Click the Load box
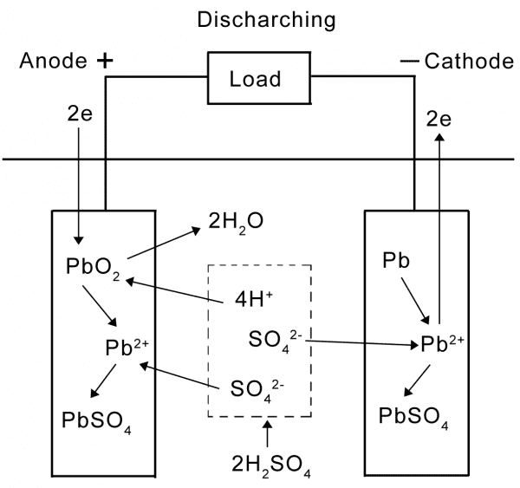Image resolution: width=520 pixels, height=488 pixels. click(x=255, y=78)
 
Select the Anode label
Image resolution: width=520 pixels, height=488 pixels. click(x=53, y=61)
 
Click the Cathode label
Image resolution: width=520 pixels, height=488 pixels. click(x=466, y=61)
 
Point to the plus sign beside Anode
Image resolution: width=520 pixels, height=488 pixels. click(x=105, y=60)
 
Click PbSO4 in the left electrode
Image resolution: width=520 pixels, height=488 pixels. click(x=97, y=422)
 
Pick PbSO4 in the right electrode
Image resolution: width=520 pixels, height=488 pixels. click(x=413, y=415)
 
